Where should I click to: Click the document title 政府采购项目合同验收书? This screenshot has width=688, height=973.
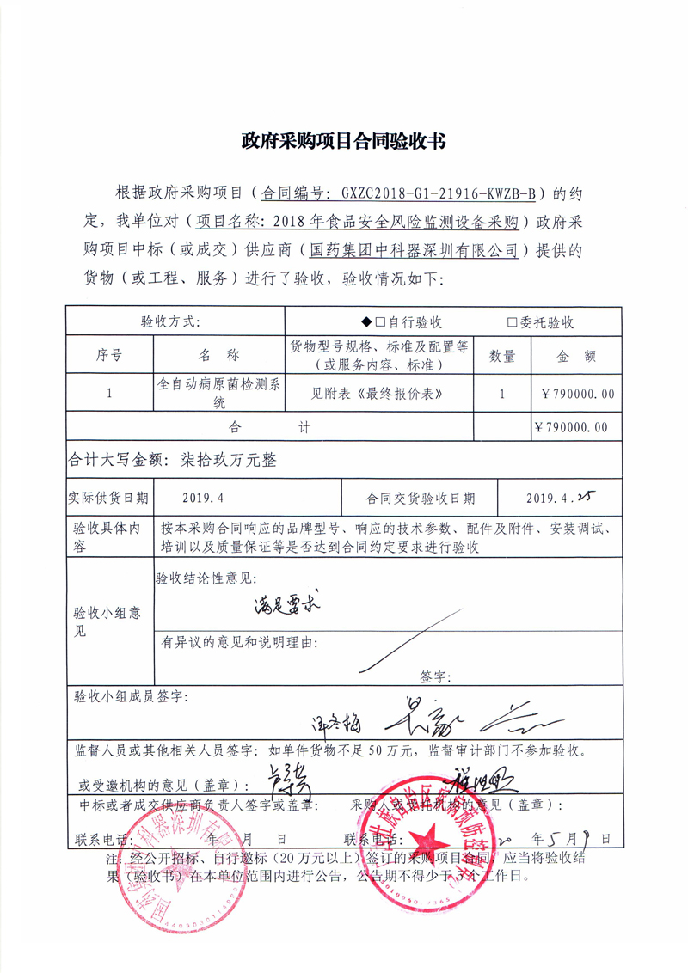[x=343, y=141]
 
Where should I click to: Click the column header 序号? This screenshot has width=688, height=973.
[x=108, y=354]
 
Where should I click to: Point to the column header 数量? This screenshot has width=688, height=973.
[x=502, y=355]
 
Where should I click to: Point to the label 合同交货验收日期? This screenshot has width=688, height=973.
[x=420, y=498]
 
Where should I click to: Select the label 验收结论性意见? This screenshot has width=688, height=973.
[x=206, y=578]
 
